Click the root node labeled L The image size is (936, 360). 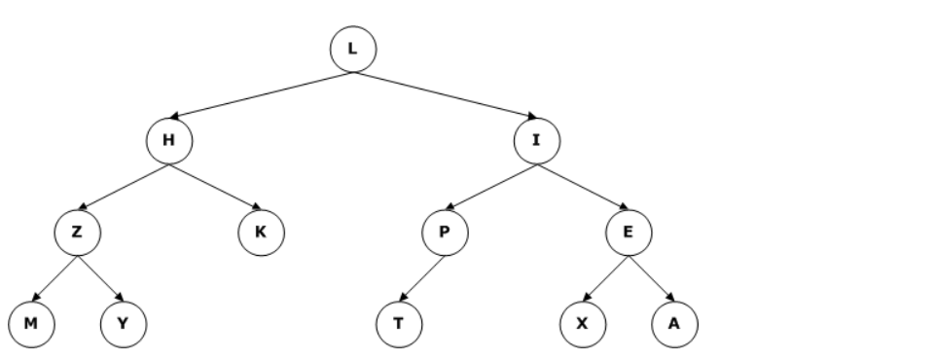[x=352, y=49]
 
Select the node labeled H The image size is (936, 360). [x=169, y=140]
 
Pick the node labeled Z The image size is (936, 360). [x=78, y=232]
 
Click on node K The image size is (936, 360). [x=261, y=232]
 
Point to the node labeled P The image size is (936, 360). [x=444, y=232]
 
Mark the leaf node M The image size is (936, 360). [x=32, y=323]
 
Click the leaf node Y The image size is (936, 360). [x=124, y=323]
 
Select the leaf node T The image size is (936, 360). [x=398, y=323]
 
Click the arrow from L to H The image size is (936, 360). [x=261, y=94]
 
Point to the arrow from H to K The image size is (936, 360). [x=215, y=186]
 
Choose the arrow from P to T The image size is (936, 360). [x=421, y=277]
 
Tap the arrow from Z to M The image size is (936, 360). [x=55, y=277]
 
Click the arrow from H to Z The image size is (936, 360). [x=124, y=186]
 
